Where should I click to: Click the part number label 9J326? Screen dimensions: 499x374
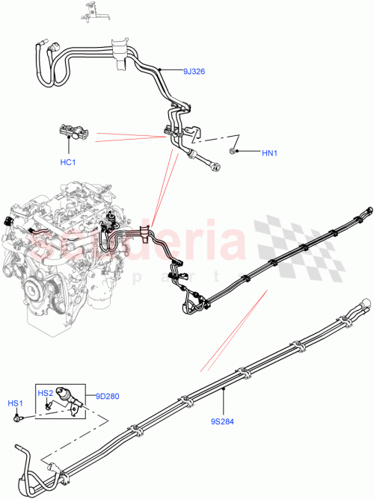click(x=194, y=72)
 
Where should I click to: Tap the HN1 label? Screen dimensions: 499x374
click(x=269, y=154)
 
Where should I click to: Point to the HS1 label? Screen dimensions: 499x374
click(x=16, y=403)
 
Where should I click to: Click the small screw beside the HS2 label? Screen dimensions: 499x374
click(x=46, y=406)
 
